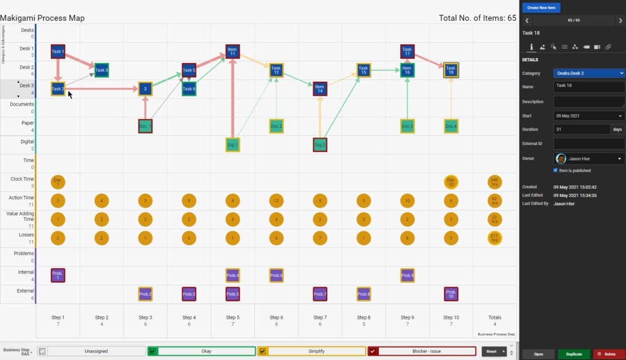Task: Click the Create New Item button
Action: tap(541, 8)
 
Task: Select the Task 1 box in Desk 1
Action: tap(58, 52)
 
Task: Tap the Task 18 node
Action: tap(451, 70)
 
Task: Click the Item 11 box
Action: tap(232, 52)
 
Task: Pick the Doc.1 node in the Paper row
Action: tap(145, 126)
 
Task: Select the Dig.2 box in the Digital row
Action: tap(320, 145)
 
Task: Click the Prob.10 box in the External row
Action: tap(451, 294)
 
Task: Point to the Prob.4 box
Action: tap(232, 275)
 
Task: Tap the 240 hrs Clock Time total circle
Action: tap(494, 182)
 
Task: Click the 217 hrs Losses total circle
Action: tap(494, 238)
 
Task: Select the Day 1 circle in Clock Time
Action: tap(58, 182)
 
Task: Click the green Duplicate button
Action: tap(574, 354)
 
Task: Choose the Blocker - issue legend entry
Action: tap(427, 351)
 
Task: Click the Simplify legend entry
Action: tap(317, 351)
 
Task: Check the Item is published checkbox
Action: tap(555, 171)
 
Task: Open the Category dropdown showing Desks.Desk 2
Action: tap(589, 73)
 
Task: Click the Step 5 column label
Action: tap(232, 318)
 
